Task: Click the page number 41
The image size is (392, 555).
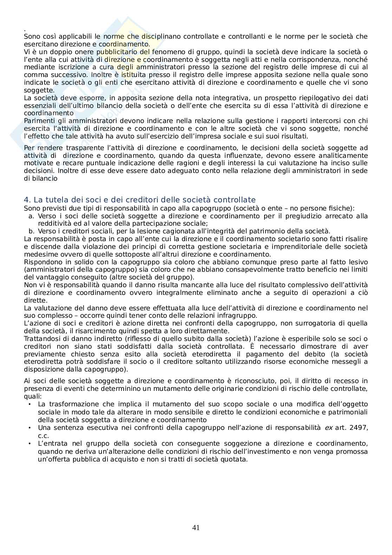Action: click(196, 527)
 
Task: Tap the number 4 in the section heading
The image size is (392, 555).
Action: click(26, 200)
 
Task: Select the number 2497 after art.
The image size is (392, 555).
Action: click(359, 428)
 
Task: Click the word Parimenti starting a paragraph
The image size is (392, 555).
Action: click(37, 121)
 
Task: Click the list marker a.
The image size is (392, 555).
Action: click(31, 216)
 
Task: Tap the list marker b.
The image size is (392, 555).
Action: click(31, 231)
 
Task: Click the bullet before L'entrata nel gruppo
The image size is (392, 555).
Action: click(30, 444)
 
